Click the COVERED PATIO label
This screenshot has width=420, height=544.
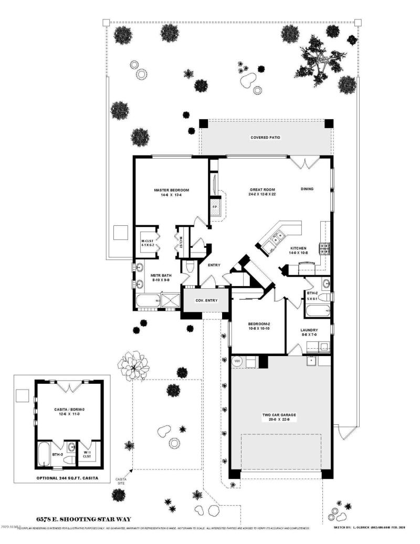click(265, 138)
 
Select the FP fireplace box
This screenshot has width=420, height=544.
click(215, 206)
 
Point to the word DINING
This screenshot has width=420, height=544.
click(307, 189)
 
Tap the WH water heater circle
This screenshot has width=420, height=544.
click(237, 361)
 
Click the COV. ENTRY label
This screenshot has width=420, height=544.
click(206, 300)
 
